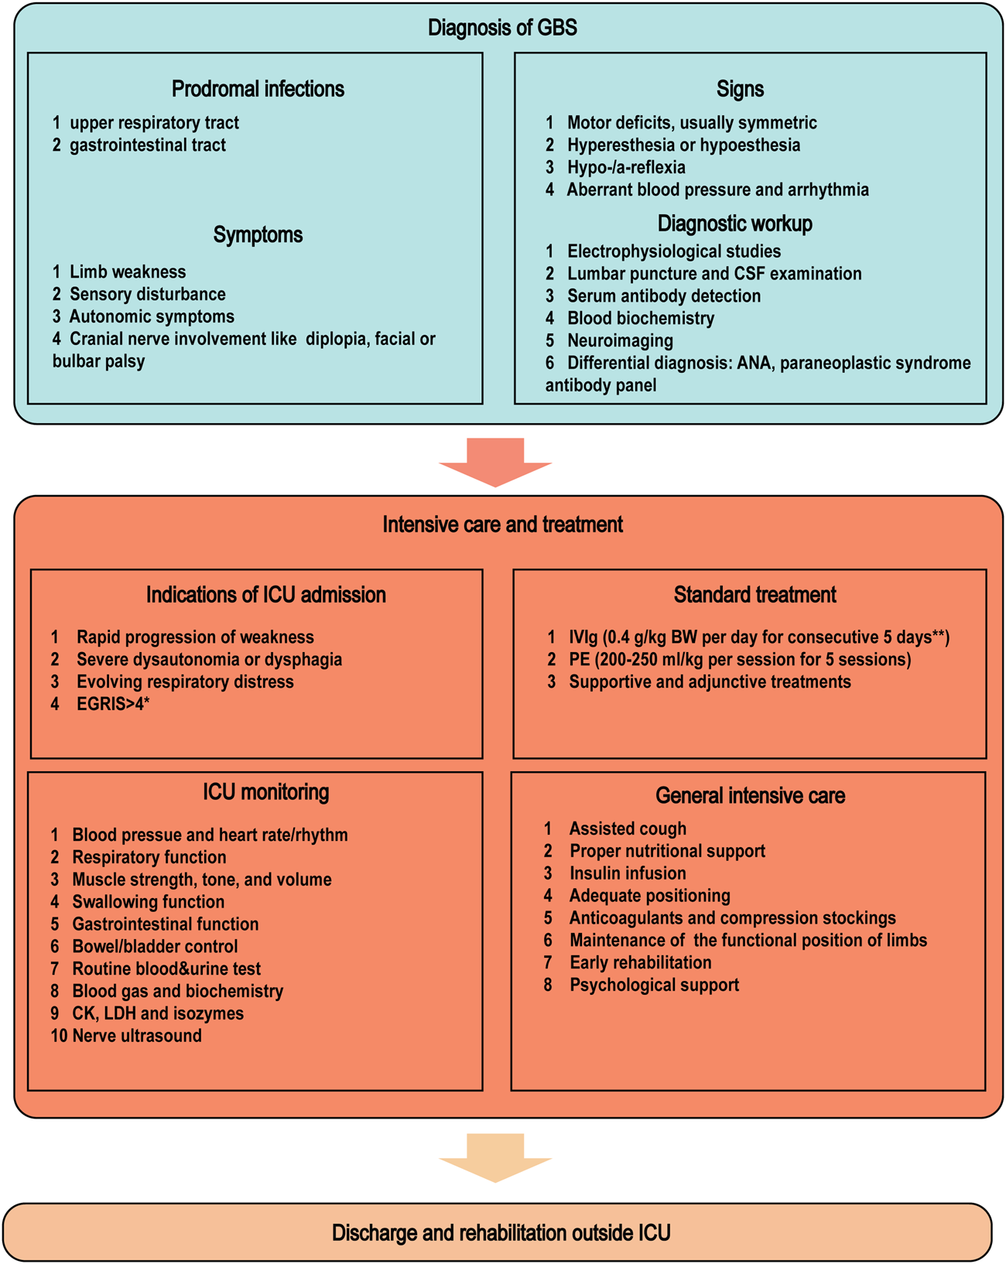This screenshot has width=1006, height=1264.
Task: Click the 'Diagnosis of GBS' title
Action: click(502, 29)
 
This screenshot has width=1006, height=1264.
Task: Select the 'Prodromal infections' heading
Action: click(258, 89)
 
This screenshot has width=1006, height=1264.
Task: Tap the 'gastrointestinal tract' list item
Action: click(147, 145)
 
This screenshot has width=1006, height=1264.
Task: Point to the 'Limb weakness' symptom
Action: click(127, 272)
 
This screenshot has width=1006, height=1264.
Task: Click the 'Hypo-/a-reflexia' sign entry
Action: click(625, 168)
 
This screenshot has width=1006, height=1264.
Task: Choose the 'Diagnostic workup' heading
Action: click(734, 224)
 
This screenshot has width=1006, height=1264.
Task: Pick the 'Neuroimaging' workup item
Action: click(619, 341)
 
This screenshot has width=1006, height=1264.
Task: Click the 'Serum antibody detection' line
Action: click(663, 296)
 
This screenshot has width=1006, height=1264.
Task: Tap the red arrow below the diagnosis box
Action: click(495, 462)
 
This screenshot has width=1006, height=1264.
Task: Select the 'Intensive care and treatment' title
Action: click(502, 525)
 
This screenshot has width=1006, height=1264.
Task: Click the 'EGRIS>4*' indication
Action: click(112, 705)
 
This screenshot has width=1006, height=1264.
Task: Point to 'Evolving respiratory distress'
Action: click(184, 682)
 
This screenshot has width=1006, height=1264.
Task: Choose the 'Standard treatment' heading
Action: click(754, 595)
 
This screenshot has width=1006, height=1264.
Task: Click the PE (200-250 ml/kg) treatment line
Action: click(739, 660)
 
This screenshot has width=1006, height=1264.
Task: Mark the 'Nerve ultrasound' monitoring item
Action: click(136, 1037)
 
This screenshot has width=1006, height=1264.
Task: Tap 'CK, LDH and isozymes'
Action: click(157, 1014)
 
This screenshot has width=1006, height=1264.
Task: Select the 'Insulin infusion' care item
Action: click(627, 874)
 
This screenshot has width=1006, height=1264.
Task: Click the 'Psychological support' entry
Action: click(654, 986)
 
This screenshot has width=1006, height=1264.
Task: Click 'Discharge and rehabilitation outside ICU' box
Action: click(501, 1232)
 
